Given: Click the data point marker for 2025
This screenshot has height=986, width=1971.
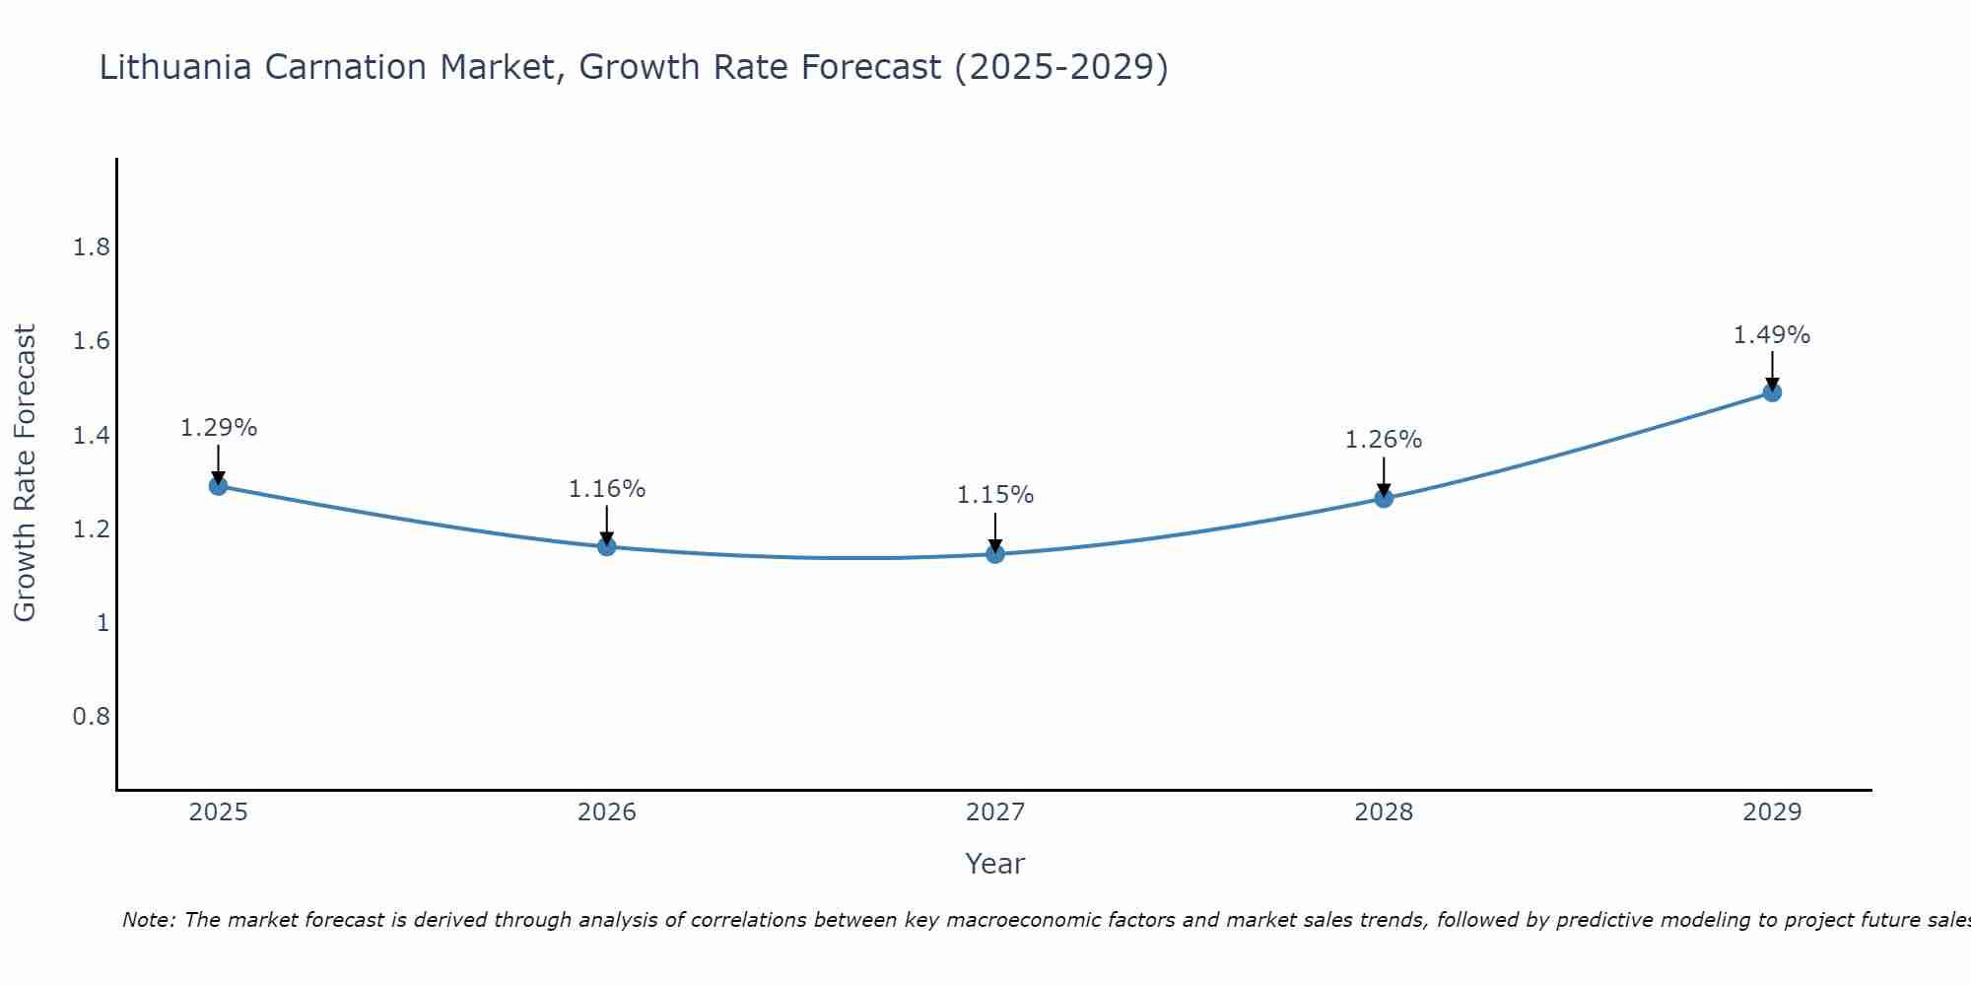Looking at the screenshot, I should point(218,486).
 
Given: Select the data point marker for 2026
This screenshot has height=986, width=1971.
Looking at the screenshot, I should point(607,546).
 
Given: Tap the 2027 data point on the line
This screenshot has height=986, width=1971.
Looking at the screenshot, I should point(995,554).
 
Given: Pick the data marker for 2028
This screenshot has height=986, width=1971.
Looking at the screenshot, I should point(1384,498).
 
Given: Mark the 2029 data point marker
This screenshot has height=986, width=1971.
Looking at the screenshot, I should point(1772,392).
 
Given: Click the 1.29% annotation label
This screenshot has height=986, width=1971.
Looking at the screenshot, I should point(218,428).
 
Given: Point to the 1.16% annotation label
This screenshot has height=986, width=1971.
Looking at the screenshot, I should point(607,489).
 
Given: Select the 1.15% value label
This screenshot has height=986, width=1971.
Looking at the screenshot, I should point(995,495).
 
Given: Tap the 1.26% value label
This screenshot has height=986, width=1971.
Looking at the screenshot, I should point(1384,440).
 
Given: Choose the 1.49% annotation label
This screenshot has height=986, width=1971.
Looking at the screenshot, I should point(1772,335).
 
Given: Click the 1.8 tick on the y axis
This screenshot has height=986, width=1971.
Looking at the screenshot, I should point(92,247).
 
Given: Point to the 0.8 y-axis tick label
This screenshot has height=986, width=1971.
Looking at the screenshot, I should point(92,716).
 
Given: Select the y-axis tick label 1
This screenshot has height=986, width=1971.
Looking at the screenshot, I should point(102,622).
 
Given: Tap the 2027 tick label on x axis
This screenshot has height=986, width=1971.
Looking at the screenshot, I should point(995,812).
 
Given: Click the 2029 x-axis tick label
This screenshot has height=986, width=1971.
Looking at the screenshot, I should point(1772,812).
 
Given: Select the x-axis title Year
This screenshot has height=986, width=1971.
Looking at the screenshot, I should point(995,864).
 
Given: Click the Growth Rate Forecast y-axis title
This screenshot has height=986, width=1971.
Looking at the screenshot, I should point(25,473).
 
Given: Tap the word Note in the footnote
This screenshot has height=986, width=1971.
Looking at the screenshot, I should point(147,920).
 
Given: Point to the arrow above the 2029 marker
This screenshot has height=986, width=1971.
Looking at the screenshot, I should point(1772,371).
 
